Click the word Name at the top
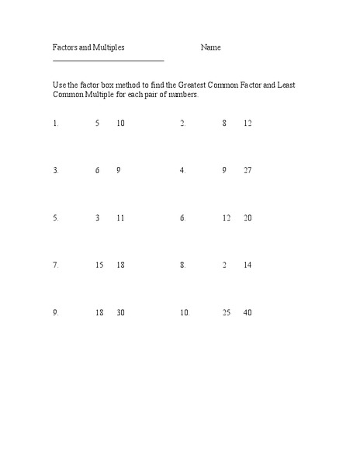[x=211, y=47]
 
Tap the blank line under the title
[x=109, y=60]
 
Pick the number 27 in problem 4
[x=247, y=170]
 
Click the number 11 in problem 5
[x=120, y=218]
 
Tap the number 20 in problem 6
[x=247, y=218]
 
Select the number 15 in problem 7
[x=99, y=265]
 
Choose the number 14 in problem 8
[x=247, y=265]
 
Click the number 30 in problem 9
[x=120, y=312]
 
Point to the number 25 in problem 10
[x=227, y=312]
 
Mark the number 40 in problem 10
[x=247, y=312]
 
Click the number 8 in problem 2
[x=224, y=123]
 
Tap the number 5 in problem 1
[x=98, y=123]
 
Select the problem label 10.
[x=185, y=312]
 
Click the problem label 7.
[x=56, y=265]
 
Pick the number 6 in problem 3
[x=98, y=170]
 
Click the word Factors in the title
[x=64, y=47]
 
